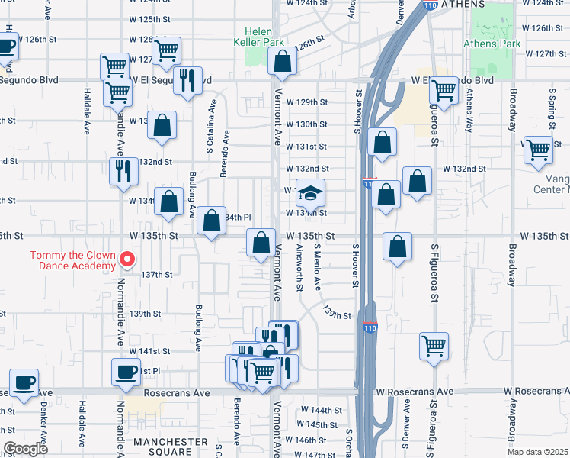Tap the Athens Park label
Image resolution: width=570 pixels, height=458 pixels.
coord(492,44)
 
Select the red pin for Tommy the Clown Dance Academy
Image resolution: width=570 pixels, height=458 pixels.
coord(128,260)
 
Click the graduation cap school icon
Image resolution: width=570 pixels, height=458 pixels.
coord(310,195)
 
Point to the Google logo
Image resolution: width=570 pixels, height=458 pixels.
coord(26,449)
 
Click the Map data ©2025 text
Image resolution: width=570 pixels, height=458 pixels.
coord(538,451)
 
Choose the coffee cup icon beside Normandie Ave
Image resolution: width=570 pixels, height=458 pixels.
coord(126,373)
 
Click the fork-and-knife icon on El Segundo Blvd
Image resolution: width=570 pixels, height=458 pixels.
coord(187,80)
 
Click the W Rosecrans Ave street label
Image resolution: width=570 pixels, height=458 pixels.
coord(415,391)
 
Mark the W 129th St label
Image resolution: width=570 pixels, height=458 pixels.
coord(306,102)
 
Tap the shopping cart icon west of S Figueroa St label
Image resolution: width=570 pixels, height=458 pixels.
coord(434,345)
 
